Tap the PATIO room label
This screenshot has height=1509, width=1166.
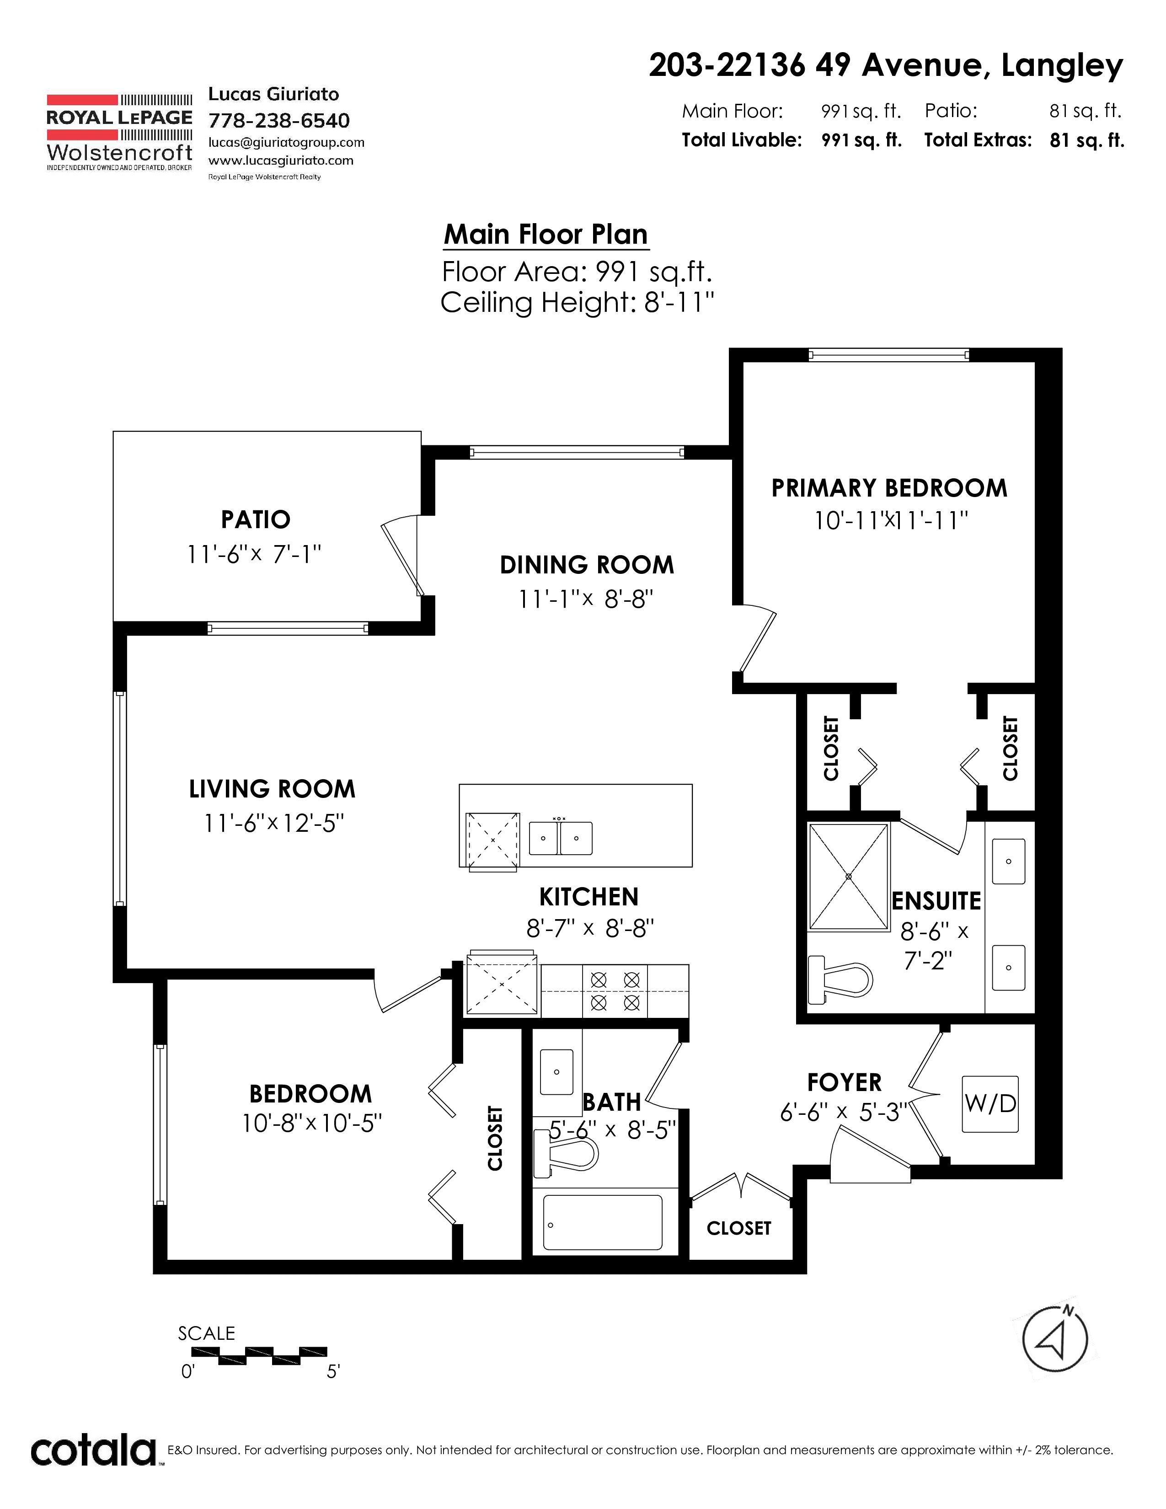256,519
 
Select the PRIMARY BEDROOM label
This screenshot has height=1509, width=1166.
889,488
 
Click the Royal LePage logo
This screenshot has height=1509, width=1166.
119,131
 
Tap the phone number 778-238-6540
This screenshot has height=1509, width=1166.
279,120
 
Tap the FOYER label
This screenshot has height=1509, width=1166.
844,1082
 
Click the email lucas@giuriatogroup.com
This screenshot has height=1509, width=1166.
286,142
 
